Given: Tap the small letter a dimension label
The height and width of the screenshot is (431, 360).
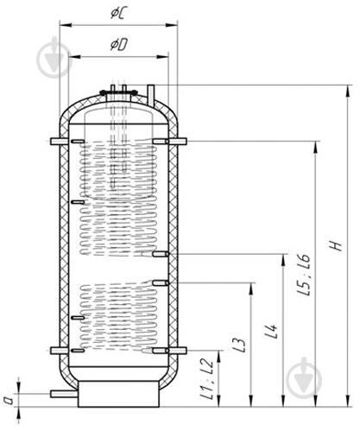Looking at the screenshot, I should coord(8,399).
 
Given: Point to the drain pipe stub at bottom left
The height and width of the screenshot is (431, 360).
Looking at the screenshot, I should coord(63,395).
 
